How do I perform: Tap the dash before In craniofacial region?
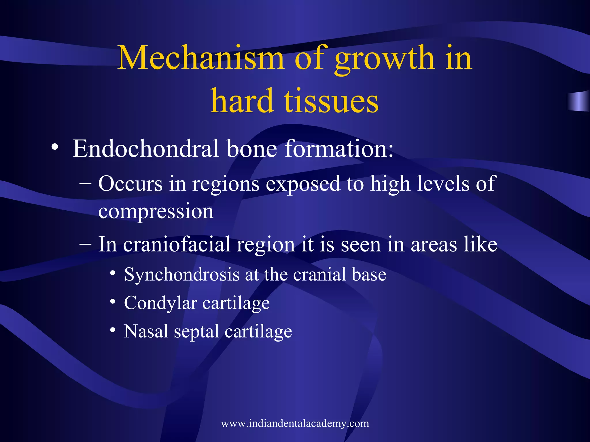(86, 245)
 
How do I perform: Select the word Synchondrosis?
(182, 275)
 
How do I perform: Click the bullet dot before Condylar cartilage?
(113, 302)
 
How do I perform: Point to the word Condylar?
(160, 303)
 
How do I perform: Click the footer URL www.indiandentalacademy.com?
(295, 423)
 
